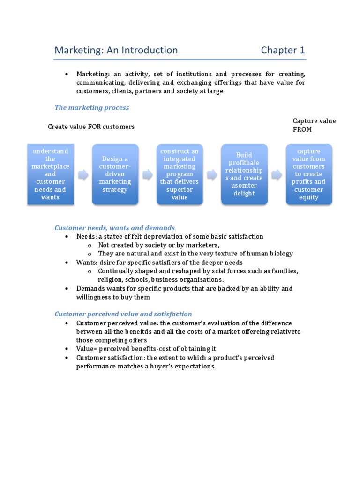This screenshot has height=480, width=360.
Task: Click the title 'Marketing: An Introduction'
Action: pos(116,50)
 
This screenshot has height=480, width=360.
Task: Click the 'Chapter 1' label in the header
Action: pos(283,50)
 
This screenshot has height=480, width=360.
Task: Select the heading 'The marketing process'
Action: pos(92,107)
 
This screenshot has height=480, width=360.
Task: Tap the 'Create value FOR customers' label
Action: pos(91,127)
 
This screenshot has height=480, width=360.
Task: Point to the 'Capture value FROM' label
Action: pos(314,125)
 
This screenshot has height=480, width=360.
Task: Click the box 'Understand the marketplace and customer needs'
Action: pos(50,174)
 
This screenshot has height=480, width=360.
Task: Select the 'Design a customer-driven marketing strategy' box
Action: pos(115,174)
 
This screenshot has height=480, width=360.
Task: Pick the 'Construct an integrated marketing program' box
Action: pos(180,174)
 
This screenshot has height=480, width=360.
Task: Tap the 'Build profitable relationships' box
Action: pos(244,174)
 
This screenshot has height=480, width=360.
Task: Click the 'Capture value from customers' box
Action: pos(309,174)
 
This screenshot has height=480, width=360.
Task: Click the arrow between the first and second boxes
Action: pos(82,175)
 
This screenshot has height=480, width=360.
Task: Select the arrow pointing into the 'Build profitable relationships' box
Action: pos(212,175)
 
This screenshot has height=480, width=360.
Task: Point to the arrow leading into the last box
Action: pos(277,175)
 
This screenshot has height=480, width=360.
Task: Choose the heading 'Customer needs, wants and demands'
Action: pos(115,228)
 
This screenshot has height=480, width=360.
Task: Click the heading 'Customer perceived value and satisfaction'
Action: pos(123,314)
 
